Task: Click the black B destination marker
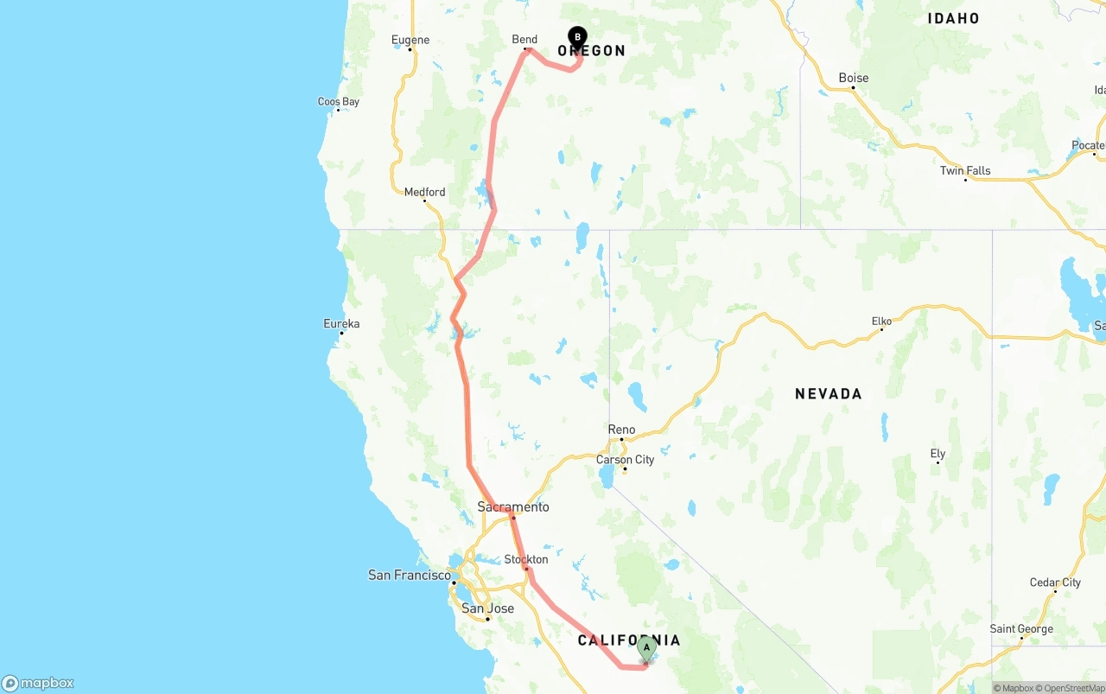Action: click(x=577, y=37)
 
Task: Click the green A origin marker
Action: click(x=646, y=648)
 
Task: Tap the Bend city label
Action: click(x=524, y=40)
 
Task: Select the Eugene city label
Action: click(x=410, y=40)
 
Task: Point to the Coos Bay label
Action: click(x=339, y=102)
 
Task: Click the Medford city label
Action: click(x=425, y=192)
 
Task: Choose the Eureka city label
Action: click(x=341, y=324)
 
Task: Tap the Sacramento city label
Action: click(x=513, y=507)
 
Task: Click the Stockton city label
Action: click(x=526, y=559)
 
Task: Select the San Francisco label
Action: click(x=410, y=575)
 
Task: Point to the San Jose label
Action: click(x=487, y=608)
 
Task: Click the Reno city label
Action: click(x=621, y=430)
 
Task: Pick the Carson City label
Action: click(x=626, y=460)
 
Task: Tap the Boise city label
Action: click(x=854, y=78)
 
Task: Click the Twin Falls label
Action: click(x=965, y=170)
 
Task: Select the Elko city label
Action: click(x=881, y=322)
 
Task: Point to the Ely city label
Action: click(x=938, y=454)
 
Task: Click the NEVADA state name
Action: click(x=829, y=394)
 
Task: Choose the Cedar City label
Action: click(x=1055, y=583)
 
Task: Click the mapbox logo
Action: click(x=38, y=683)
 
